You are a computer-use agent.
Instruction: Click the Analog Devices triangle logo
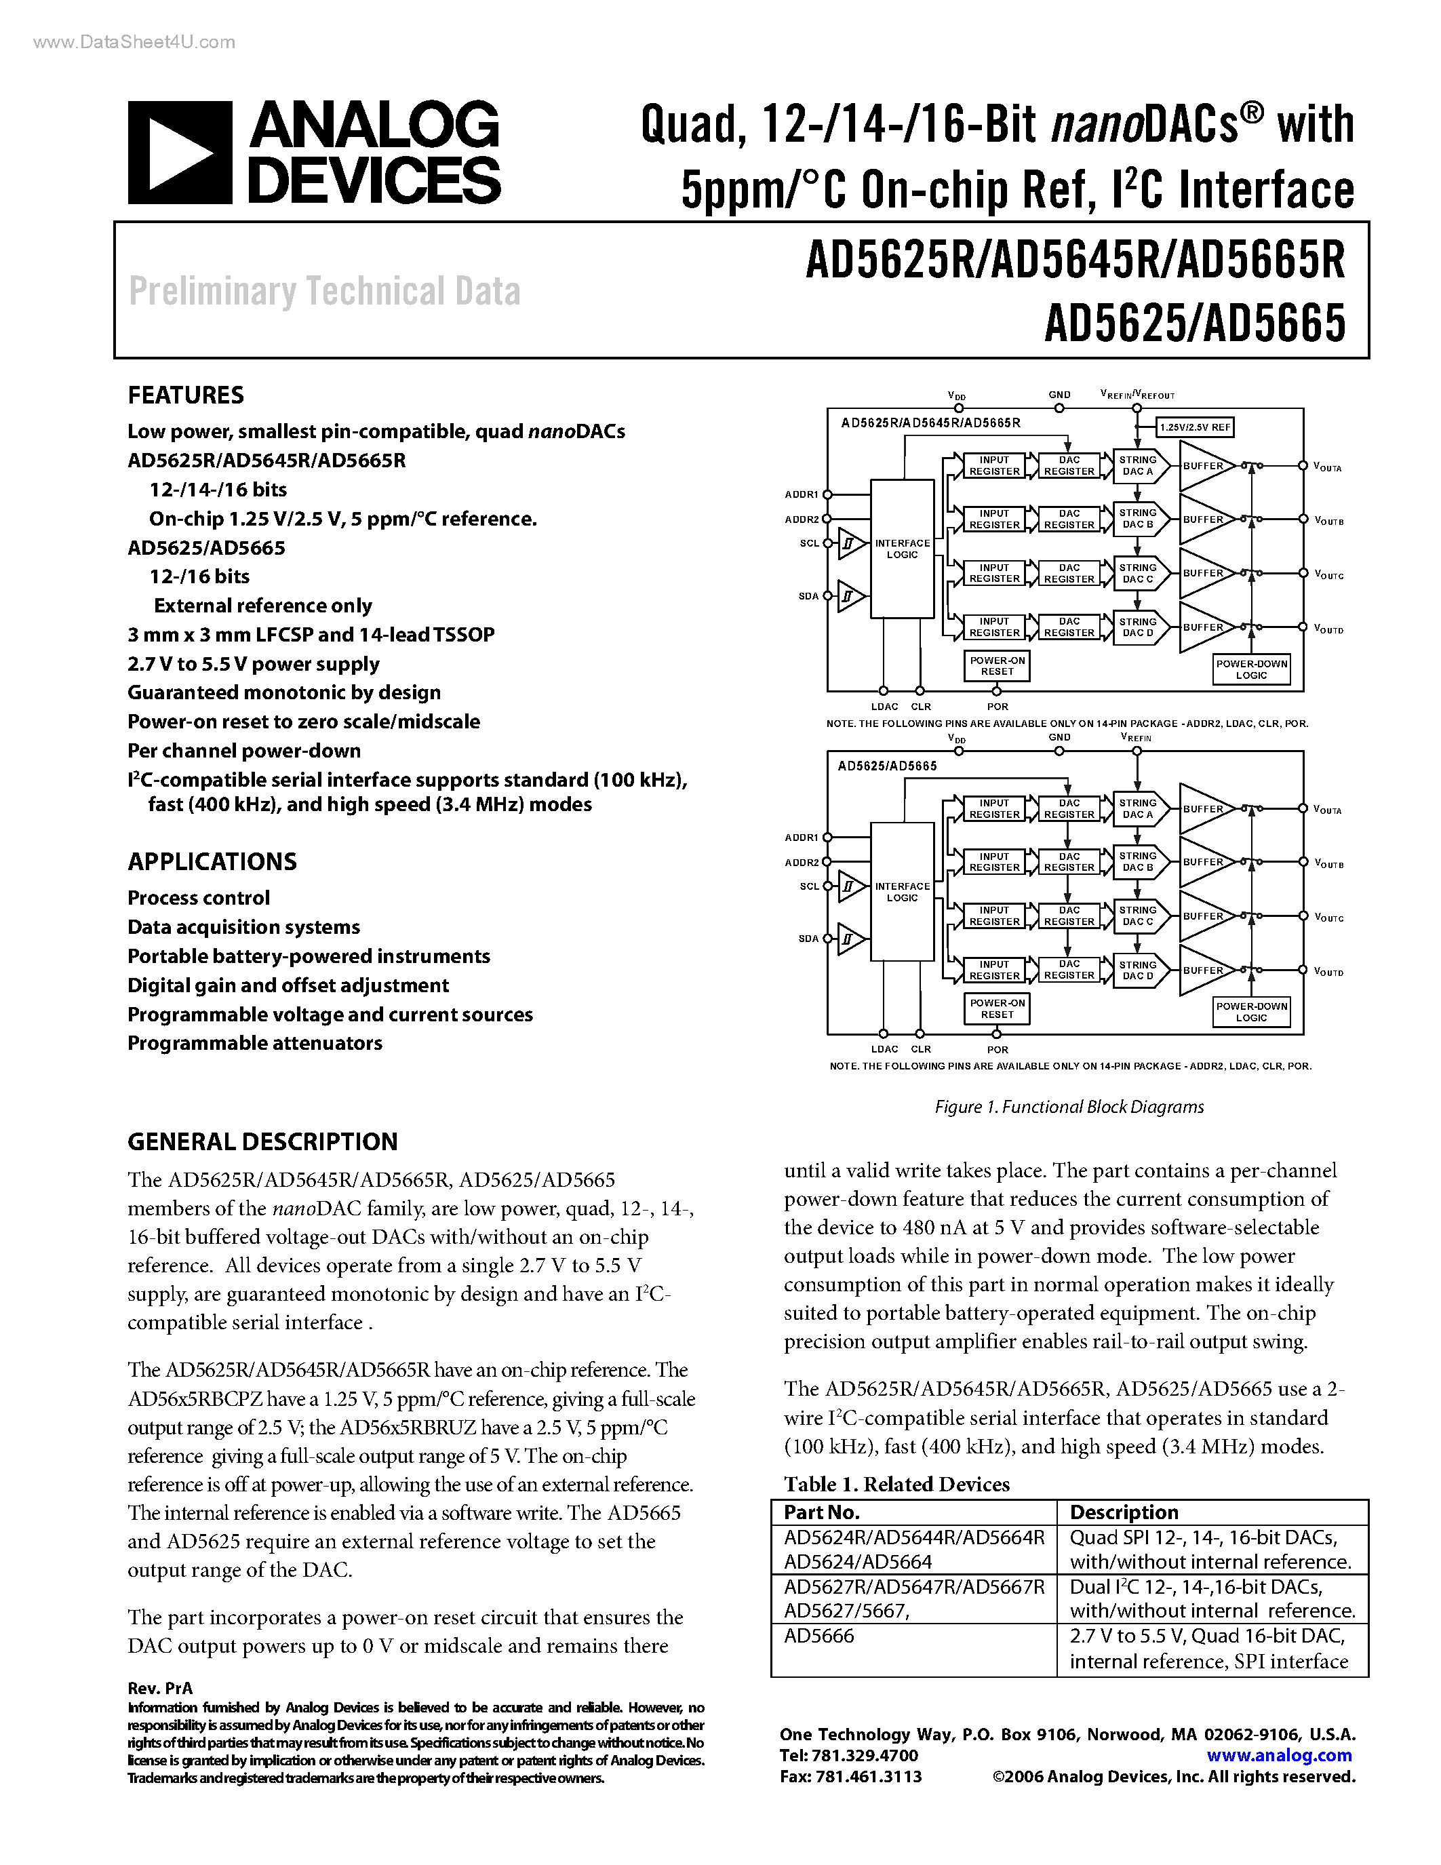[179, 153]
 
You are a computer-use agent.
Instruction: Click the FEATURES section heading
[185, 395]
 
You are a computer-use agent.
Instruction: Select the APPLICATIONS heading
[212, 861]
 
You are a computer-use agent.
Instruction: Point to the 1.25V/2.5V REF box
[1195, 427]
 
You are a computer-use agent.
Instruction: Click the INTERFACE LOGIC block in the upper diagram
[901, 548]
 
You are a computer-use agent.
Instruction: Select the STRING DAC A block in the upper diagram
[1137, 465]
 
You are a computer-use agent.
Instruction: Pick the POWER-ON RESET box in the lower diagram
[997, 1008]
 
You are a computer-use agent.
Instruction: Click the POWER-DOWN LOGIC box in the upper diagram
[1252, 669]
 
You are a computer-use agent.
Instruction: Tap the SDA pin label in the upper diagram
[808, 596]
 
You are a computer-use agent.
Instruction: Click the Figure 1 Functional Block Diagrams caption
[1069, 1107]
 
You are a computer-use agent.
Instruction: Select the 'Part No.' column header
[821, 1512]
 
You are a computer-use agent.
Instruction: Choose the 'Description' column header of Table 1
[1124, 1512]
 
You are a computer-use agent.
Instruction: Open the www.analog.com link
[1279, 1756]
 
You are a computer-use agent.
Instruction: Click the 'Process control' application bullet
[198, 899]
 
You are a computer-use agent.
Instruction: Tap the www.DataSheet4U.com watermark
[134, 42]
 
